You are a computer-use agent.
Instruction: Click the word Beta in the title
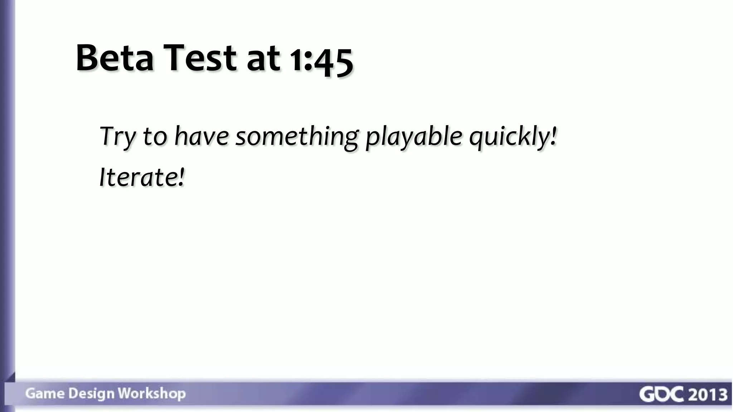click(x=115, y=58)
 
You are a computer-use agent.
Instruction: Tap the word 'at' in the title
click(x=263, y=59)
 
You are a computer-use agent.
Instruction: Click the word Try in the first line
click(x=117, y=136)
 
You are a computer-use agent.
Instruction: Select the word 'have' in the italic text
click(x=201, y=136)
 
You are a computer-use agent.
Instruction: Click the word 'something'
click(x=297, y=138)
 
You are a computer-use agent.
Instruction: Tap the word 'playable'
click(x=413, y=138)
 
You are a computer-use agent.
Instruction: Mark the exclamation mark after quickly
click(x=554, y=136)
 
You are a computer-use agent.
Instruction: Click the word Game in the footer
click(x=45, y=393)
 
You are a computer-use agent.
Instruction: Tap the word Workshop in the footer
click(x=152, y=394)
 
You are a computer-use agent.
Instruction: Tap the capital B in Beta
click(x=88, y=58)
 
